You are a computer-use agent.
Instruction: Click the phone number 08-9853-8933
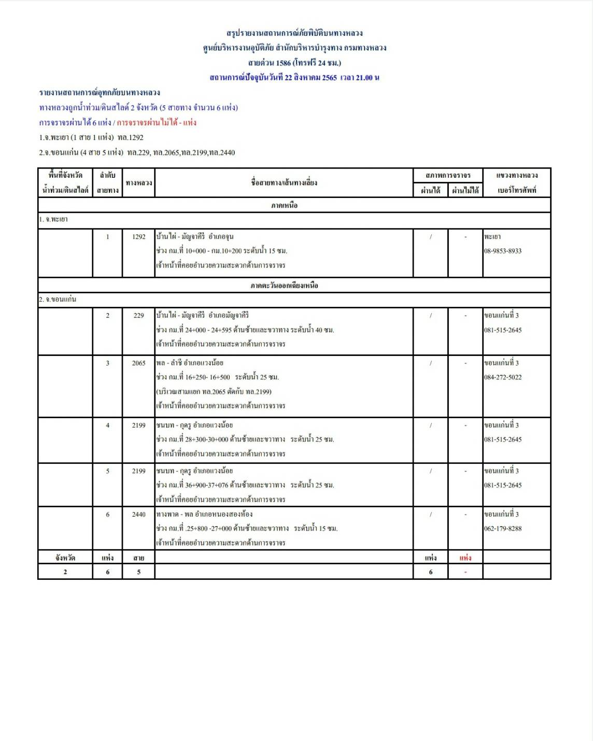pyautogui.click(x=502, y=251)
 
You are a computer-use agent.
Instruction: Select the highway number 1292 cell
pyautogui.click(x=138, y=237)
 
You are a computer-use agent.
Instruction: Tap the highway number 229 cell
pyautogui.click(x=138, y=316)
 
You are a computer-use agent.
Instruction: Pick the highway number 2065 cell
pyautogui.click(x=138, y=363)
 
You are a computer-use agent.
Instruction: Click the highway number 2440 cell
pyautogui.click(x=138, y=515)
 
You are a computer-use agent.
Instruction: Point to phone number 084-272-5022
pyautogui.click(x=502, y=377)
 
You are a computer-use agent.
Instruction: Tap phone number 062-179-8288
pyautogui.click(x=502, y=529)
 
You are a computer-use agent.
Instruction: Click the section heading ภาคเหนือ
pyautogui.click(x=284, y=205)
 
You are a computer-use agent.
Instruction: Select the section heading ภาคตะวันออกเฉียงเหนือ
pyautogui.click(x=284, y=286)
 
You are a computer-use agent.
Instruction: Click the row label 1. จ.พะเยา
pyautogui.click(x=53, y=220)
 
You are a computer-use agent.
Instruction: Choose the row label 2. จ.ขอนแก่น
pyautogui.click(x=57, y=300)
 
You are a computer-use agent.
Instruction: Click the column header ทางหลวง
pyautogui.click(x=138, y=183)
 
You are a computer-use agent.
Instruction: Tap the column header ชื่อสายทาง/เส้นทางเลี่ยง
pyautogui.click(x=284, y=183)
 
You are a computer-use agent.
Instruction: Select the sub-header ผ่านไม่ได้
pyautogui.click(x=465, y=190)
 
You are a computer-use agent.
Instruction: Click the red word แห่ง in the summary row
pyautogui.click(x=465, y=558)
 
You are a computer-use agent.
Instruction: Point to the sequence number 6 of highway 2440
pyautogui.click(x=108, y=515)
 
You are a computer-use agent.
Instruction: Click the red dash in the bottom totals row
pyautogui.click(x=465, y=572)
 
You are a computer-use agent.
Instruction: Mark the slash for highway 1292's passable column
pyautogui.click(x=430, y=237)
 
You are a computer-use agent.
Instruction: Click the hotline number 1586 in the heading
pyautogui.click(x=284, y=63)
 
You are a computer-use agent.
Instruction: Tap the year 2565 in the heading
pyautogui.click(x=329, y=78)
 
